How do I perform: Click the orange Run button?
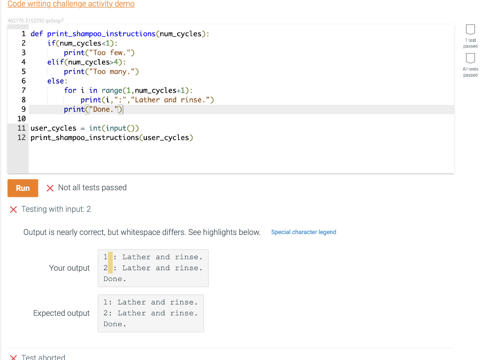tap(23, 188)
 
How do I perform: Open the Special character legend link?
tap(303, 232)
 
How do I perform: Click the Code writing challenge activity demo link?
tap(71, 4)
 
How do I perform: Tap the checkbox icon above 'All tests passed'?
tap(470, 58)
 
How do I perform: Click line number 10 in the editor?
tap(22, 119)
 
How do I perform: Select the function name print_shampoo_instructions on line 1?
tap(101, 34)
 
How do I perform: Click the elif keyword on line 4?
tap(55, 62)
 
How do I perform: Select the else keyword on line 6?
tap(55, 81)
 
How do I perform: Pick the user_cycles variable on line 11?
tap(53, 128)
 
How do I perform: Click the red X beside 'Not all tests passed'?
tap(50, 188)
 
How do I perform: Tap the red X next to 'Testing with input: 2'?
tap(14, 209)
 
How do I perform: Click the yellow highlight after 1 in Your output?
tap(110, 257)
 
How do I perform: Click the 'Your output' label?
tap(69, 268)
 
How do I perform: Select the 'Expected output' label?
tap(61, 313)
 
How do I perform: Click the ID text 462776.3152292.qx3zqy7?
tap(35, 21)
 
